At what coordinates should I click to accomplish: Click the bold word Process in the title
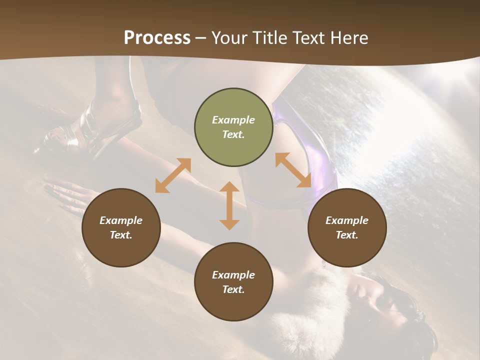point(157,38)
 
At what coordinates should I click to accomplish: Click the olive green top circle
point(233,127)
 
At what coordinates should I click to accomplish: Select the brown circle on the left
point(121,227)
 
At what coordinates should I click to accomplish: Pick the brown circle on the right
point(347,227)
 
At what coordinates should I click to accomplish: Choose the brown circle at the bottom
point(233,282)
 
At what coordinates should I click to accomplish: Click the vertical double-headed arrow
point(229,205)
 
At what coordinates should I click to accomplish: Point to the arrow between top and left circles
point(173,175)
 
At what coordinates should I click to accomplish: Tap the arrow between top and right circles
point(293,170)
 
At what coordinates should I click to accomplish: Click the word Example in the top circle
point(233,120)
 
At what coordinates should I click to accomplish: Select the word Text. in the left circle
point(121,235)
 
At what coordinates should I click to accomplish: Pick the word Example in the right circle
point(347,220)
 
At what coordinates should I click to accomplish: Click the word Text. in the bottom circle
point(233,289)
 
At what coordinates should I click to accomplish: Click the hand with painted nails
point(65,195)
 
